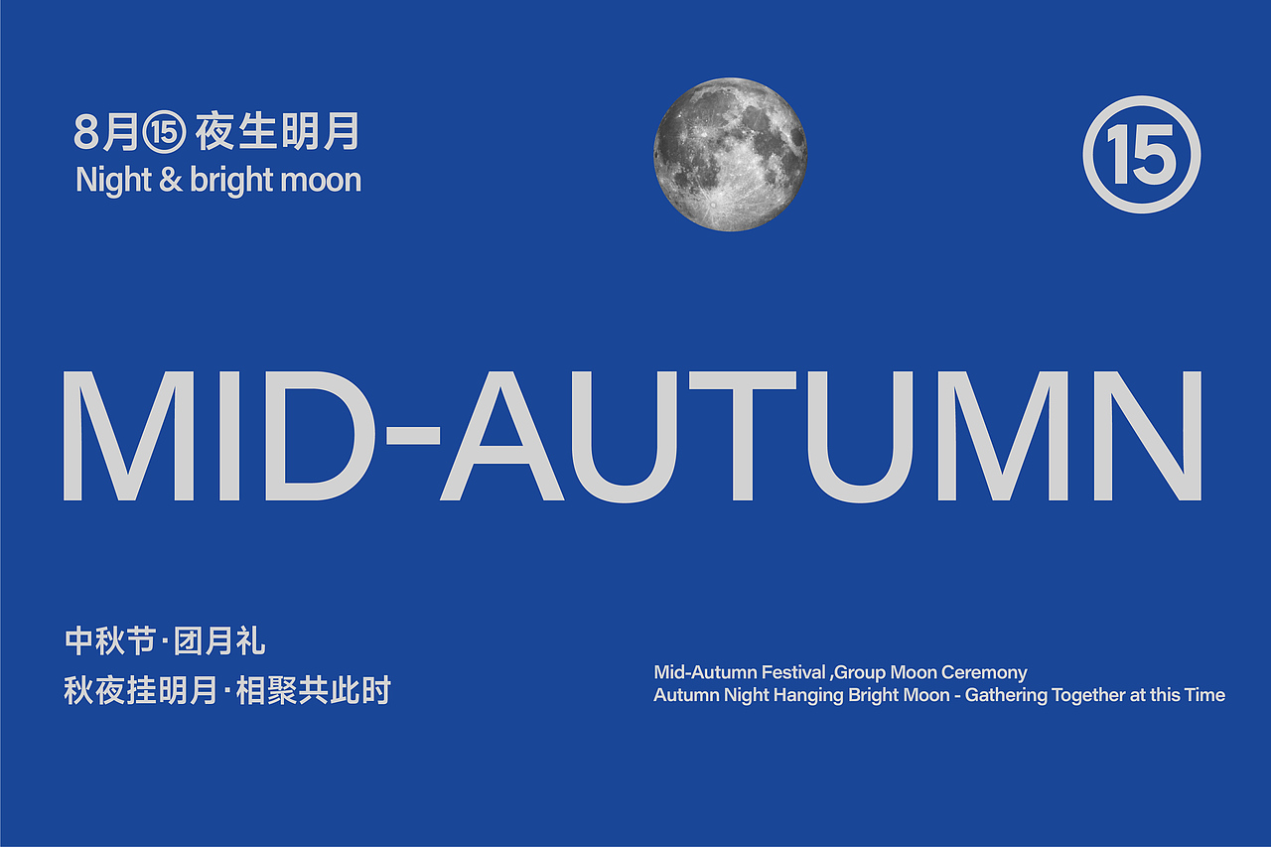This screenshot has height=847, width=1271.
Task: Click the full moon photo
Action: pyautogui.click(x=730, y=155)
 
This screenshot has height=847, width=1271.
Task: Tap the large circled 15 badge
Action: pyautogui.click(x=1141, y=155)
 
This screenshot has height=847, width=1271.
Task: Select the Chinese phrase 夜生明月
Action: pyautogui.click(x=276, y=131)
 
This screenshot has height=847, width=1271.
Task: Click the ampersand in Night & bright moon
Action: pyautogui.click(x=171, y=181)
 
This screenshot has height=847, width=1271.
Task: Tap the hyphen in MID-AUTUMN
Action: pyautogui.click(x=410, y=435)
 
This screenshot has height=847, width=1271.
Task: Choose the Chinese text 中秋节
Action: pyautogui.click(x=109, y=641)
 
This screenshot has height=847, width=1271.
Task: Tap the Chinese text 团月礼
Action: pyautogui.click(x=219, y=641)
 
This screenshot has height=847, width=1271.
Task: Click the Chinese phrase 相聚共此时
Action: pyautogui.click(x=314, y=691)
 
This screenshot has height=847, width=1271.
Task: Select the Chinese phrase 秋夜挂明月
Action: pyautogui.click(x=140, y=691)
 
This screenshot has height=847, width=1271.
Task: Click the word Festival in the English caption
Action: pyautogui.click(x=793, y=673)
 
